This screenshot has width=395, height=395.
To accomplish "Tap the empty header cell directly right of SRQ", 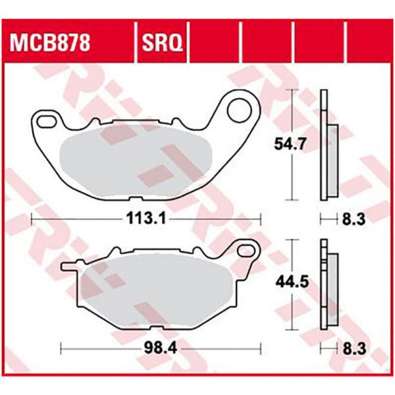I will point(216,44).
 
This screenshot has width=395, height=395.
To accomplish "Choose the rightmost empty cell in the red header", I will point(369,44).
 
